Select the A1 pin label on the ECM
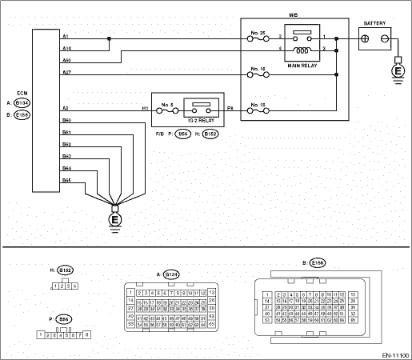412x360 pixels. click(65, 36)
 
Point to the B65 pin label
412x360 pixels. click(66, 180)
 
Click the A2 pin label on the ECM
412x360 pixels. click(65, 107)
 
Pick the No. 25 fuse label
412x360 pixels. click(257, 34)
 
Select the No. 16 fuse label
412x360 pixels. click(257, 70)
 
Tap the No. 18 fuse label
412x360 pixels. click(257, 105)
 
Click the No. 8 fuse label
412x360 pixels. click(166, 106)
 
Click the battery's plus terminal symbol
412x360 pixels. click(367, 38)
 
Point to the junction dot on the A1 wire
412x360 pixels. click(109, 38)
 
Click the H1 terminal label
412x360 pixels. click(146, 107)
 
